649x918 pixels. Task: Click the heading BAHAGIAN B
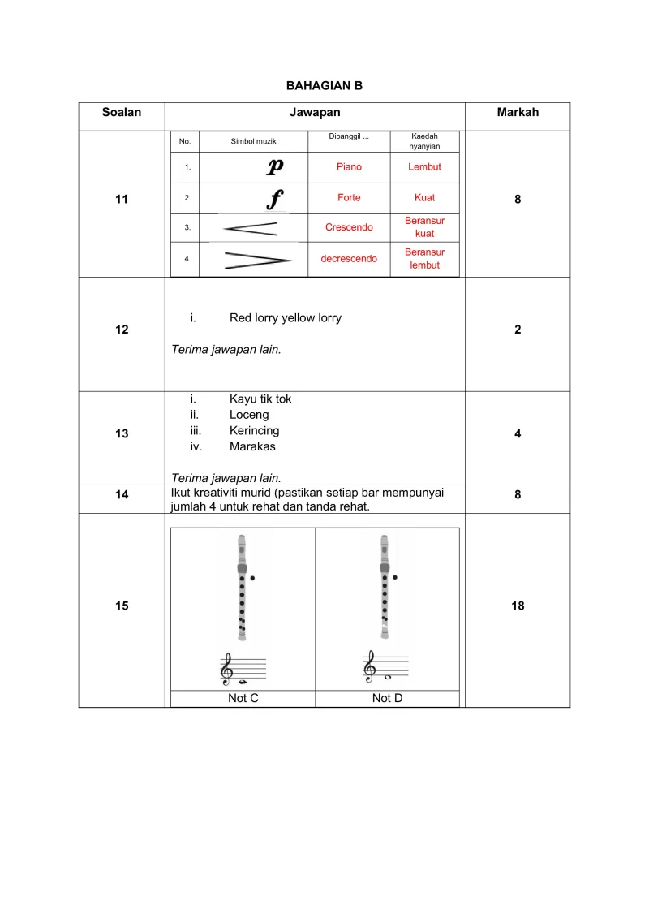coord(324,85)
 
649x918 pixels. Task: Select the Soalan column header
coord(122,113)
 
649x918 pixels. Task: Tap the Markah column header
coord(518,113)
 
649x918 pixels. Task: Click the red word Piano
coord(349,167)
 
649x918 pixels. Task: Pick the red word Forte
coord(349,197)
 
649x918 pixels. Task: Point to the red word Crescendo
coord(349,227)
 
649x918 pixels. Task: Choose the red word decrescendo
coord(349,259)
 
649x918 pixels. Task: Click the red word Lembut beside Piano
coord(424,167)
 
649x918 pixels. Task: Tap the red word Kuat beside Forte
coord(424,197)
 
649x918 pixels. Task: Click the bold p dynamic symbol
coord(275,167)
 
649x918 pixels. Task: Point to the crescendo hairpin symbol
coord(251,228)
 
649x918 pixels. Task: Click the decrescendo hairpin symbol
coord(257,260)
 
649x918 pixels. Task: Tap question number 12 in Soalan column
coord(122,330)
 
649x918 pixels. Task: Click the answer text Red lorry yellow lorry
coord(285,318)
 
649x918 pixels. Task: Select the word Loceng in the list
coord(249,415)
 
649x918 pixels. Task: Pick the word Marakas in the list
coord(252,446)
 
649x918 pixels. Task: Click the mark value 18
coord(518,606)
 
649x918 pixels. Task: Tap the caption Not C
coord(243,698)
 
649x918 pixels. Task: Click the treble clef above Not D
coord(370,666)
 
